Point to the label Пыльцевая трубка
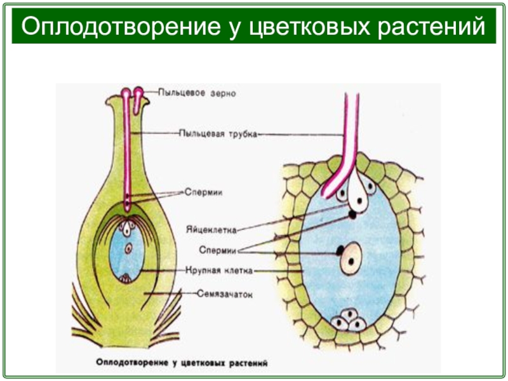218,133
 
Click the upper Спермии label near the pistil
203,190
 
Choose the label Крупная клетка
220,271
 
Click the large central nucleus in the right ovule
351,259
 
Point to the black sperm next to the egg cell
351,215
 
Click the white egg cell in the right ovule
359,197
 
